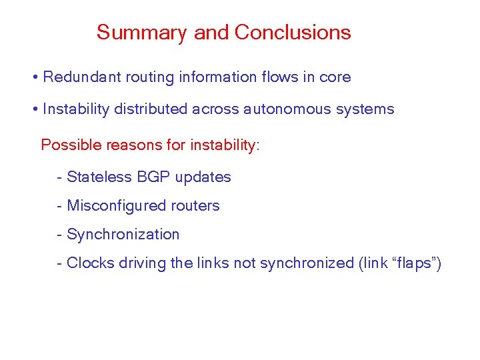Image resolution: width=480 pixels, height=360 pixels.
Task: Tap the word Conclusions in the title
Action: (293, 33)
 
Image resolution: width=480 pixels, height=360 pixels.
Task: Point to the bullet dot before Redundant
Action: (34, 78)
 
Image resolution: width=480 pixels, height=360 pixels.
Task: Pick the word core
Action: (335, 77)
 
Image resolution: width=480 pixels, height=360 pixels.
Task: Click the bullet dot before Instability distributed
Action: (34, 110)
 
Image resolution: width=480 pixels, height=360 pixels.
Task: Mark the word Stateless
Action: (99, 177)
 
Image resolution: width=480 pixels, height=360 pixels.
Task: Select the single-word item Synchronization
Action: (123, 235)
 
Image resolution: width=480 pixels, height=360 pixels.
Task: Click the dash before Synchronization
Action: (60, 235)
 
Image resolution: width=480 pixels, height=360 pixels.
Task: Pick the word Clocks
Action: (90, 263)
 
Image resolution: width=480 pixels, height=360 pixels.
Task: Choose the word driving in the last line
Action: (142, 263)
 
